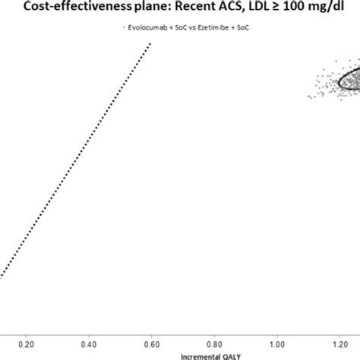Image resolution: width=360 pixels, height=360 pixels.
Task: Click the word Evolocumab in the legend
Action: (x=149, y=27)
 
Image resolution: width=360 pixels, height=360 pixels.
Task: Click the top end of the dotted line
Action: (x=150, y=44)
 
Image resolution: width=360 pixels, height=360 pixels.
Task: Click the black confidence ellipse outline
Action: (x=339, y=81)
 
